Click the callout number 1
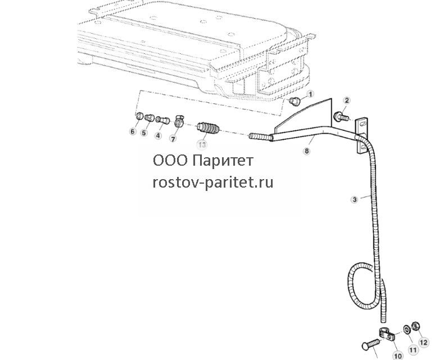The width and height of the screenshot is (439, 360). pyautogui.click(x=310, y=94)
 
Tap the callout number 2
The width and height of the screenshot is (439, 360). pyautogui.click(x=347, y=101)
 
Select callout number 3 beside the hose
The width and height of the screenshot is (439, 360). pyautogui.click(x=355, y=199)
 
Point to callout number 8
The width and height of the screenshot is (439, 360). pyautogui.click(x=307, y=151)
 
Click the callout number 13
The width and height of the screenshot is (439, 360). pyautogui.click(x=202, y=144)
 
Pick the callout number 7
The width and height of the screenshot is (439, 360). pyautogui.click(x=173, y=138)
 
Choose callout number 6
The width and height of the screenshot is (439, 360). pyautogui.click(x=133, y=131)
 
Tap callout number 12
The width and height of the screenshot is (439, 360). pyautogui.click(x=423, y=343)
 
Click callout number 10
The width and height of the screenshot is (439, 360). pyautogui.click(x=398, y=356)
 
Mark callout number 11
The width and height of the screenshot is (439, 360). pyautogui.click(x=413, y=350)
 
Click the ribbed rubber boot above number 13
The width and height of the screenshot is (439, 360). pyautogui.click(x=209, y=129)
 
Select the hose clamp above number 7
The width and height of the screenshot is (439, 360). pyautogui.click(x=178, y=121)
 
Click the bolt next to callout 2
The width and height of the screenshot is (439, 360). pyautogui.click(x=342, y=117)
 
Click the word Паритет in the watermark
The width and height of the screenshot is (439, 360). pyautogui.click(x=223, y=161)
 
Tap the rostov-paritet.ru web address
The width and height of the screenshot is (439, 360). pyautogui.click(x=213, y=183)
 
